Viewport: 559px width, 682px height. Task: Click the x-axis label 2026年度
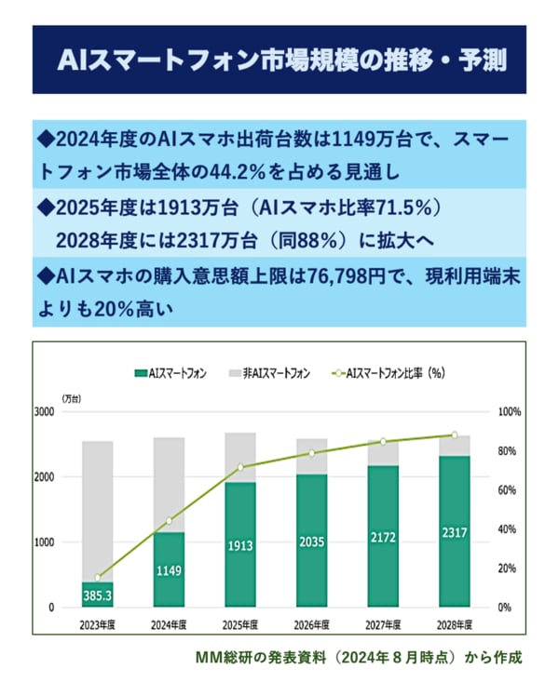point(312,624)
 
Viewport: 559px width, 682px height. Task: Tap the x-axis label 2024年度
point(170,624)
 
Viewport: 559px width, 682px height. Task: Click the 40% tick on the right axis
point(509,528)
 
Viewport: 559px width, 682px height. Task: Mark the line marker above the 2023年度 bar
point(98,578)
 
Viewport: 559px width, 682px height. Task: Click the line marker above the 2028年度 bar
point(455,435)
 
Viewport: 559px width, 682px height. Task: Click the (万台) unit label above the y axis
point(73,397)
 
